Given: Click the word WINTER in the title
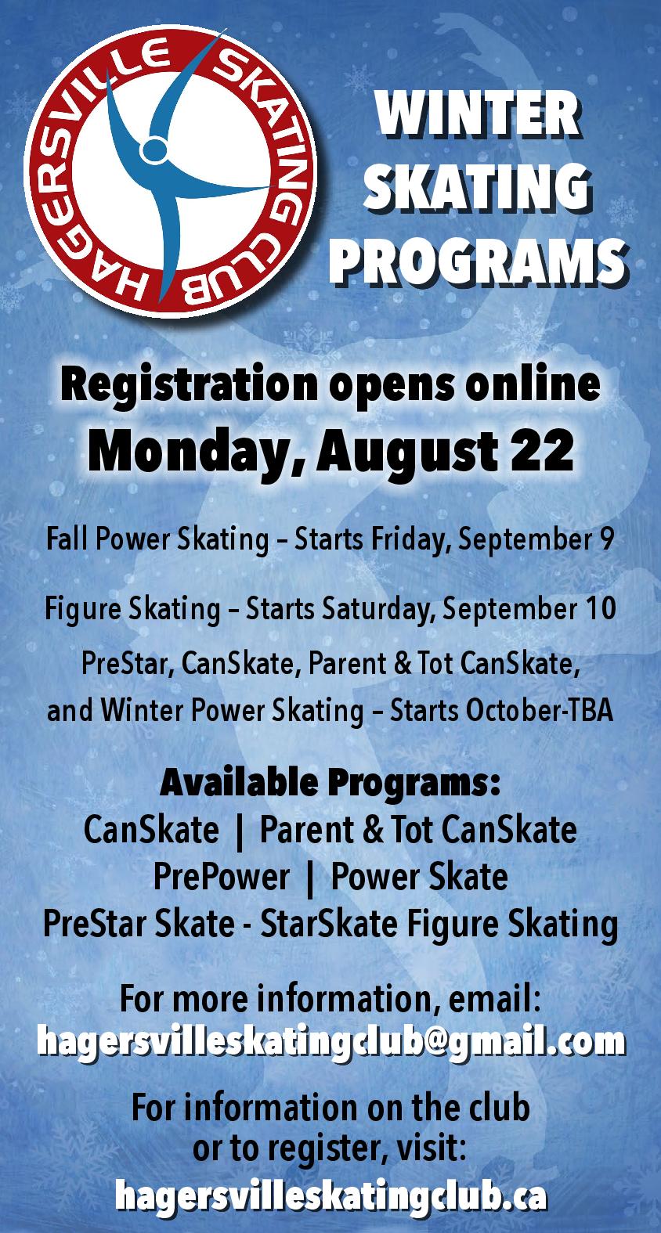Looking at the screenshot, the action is (x=477, y=116).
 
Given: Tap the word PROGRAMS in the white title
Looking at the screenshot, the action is (x=479, y=261).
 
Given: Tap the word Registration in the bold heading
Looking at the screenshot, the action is (x=189, y=384).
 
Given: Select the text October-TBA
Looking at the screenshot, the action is (x=540, y=711).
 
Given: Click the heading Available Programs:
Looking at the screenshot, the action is (x=330, y=784).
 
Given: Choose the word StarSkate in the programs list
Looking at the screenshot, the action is (x=328, y=924).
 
